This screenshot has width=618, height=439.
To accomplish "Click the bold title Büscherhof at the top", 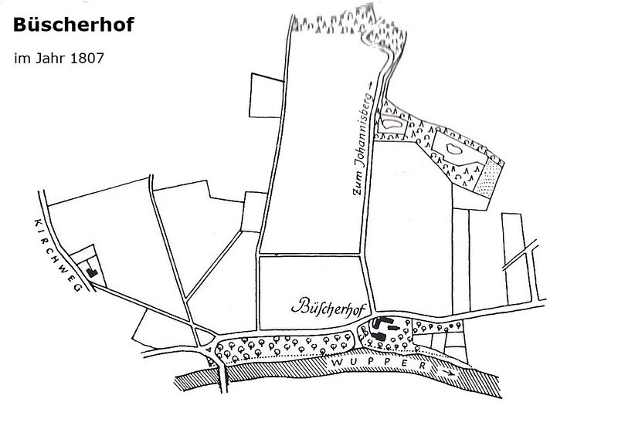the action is [73, 25].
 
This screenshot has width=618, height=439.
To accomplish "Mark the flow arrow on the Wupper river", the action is [446, 372].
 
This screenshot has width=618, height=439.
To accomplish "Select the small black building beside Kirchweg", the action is [92, 271].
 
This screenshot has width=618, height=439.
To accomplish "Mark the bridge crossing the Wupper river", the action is [222, 378].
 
